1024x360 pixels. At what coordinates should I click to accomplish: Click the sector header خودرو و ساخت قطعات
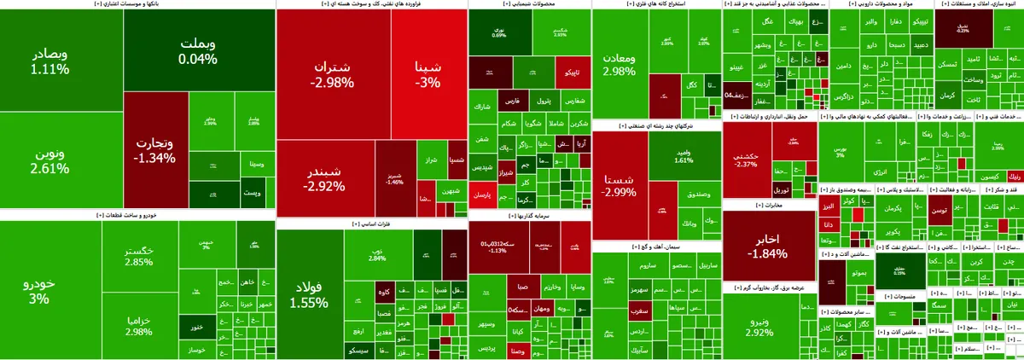point(137,215)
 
